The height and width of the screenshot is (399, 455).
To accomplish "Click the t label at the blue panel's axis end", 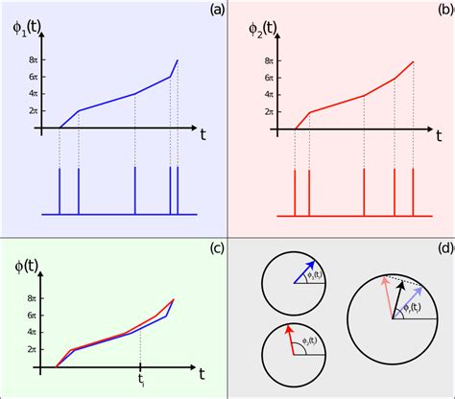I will (203, 135).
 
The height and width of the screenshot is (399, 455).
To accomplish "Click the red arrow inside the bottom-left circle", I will (288, 340).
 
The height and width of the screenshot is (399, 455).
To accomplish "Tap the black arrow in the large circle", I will (395, 305).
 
